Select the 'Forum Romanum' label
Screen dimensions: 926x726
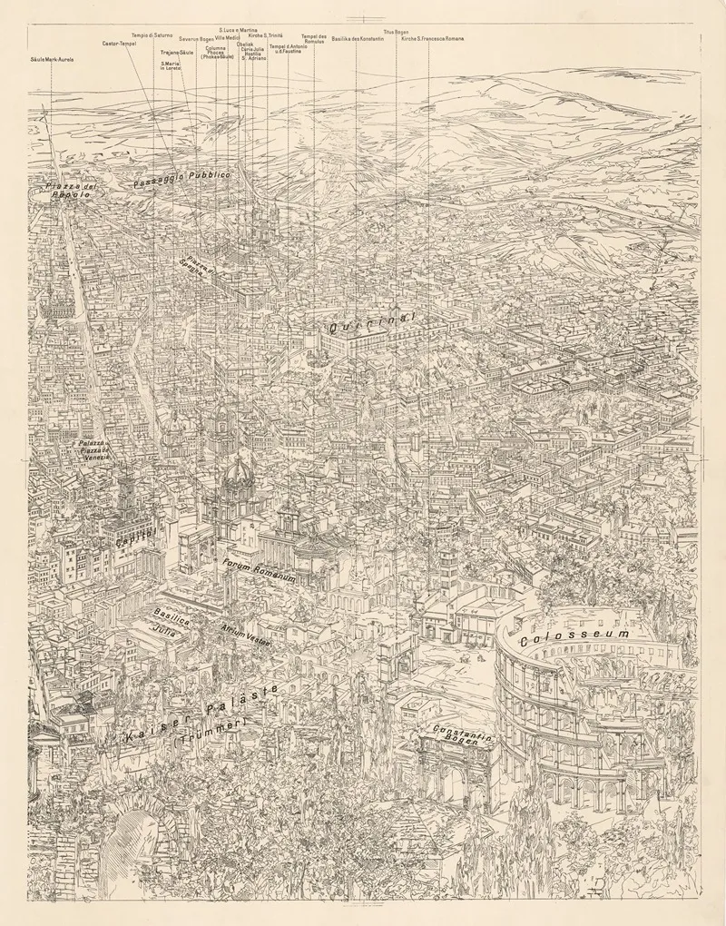point(260,570)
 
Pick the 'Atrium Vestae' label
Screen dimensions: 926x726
point(246,634)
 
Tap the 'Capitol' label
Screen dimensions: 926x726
point(136,535)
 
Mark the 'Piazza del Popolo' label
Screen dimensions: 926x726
point(70,191)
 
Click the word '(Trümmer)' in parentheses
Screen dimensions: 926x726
point(209,736)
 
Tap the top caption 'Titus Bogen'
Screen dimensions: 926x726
point(396,32)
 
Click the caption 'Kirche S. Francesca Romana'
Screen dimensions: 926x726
point(432,39)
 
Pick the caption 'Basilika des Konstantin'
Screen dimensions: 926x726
point(358,39)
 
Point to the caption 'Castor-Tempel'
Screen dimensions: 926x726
point(119,43)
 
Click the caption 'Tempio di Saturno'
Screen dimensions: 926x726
point(151,34)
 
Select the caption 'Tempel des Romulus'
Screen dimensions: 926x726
point(314,39)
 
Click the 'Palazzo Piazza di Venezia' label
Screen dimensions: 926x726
point(93,449)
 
